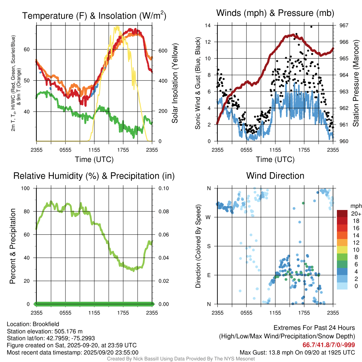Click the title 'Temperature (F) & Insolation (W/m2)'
pyautogui.click(x=94, y=16)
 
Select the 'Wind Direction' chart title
pyautogui.click(x=275, y=176)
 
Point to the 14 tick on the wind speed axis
pyautogui.click(x=208, y=25)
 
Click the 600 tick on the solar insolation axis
pyautogui.click(x=163, y=51)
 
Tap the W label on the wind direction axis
pyautogui.click(x=208, y=217)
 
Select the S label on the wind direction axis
pyautogui.click(x=209, y=246)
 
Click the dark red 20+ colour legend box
pyautogui.click(x=342, y=214)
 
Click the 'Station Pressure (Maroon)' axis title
pyautogui.click(x=356, y=83)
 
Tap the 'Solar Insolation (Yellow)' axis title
pyautogui.click(x=175, y=83)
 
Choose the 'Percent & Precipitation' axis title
pyautogui.click(x=12, y=246)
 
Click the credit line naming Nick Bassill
pyautogui.click(x=181, y=358)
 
